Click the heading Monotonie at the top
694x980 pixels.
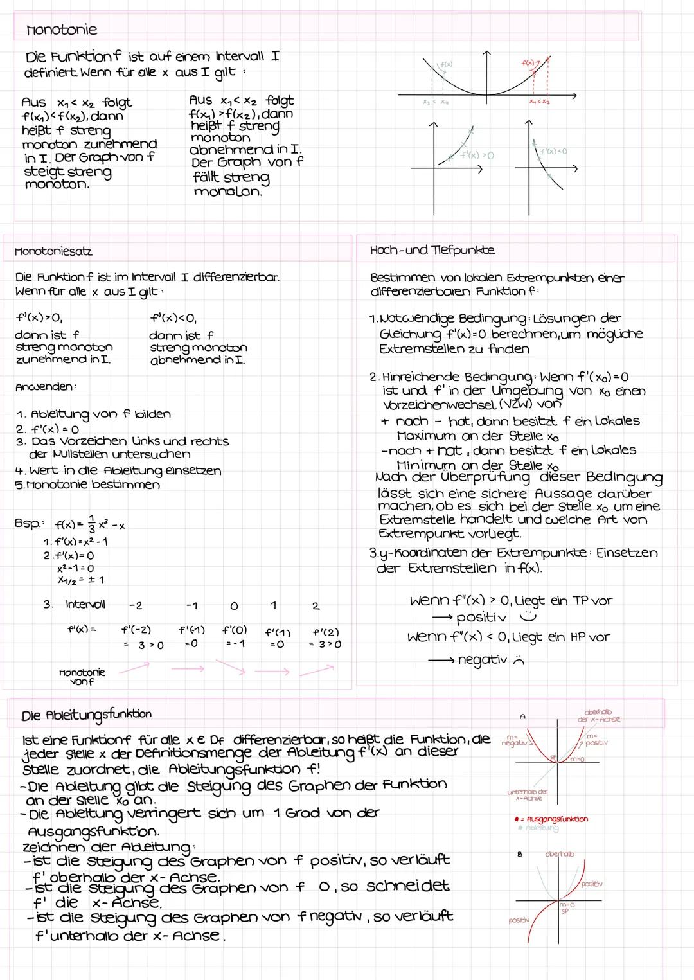[61, 30]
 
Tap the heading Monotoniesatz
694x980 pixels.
[53, 251]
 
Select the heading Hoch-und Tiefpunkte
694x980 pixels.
[432, 250]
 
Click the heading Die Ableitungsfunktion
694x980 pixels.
[87, 715]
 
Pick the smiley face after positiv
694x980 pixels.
[531, 617]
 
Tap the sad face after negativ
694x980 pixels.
[519, 661]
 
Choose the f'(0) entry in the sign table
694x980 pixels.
[235, 630]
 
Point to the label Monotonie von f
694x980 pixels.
[82, 676]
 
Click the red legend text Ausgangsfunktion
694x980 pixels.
[556, 819]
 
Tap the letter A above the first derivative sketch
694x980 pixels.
[523, 715]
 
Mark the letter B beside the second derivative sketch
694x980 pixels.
[522, 855]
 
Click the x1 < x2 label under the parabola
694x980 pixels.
[538, 102]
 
